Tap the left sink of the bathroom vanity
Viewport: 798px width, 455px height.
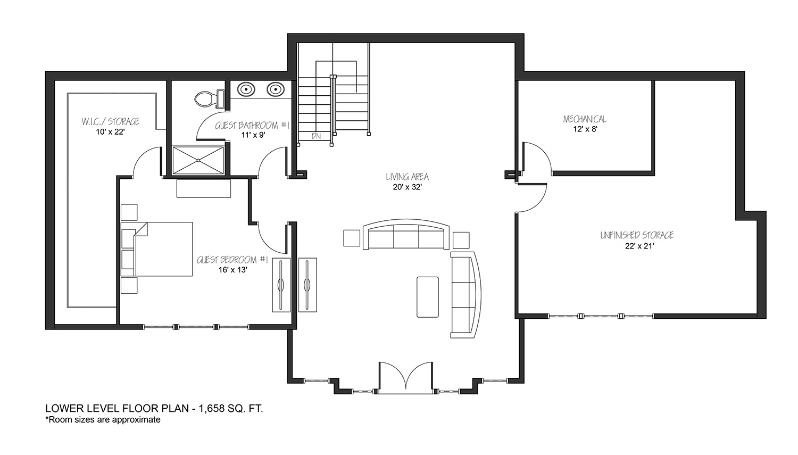coord(245,89)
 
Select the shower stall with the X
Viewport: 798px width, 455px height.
coord(198,160)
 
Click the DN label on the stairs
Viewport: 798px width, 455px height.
coord(316,136)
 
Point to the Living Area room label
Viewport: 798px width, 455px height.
coord(407,177)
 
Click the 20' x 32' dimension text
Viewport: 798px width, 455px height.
coord(407,187)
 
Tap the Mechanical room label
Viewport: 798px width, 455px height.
coord(585,119)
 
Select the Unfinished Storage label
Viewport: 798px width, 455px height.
coord(637,235)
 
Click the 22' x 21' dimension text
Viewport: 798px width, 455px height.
coord(639,246)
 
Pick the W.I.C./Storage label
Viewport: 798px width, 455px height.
coord(111,121)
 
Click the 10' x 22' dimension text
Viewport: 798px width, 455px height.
coord(110,132)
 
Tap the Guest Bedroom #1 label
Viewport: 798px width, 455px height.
coord(232,260)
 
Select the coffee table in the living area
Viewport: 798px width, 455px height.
coord(428,297)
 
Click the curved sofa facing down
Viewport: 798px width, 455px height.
coord(406,234)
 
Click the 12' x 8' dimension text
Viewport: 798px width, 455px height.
coord(585,129)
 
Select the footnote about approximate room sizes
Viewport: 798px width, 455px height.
coord(103,420)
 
